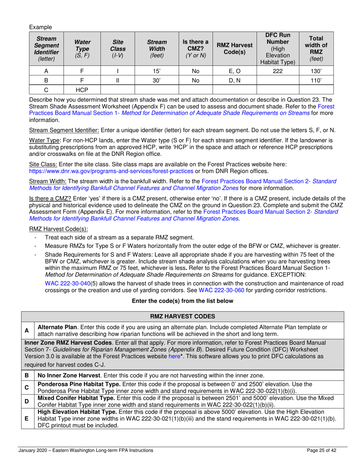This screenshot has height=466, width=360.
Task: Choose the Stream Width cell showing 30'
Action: click(x=157, y=81)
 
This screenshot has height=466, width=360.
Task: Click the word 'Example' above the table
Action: click(x=40, y=27)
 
